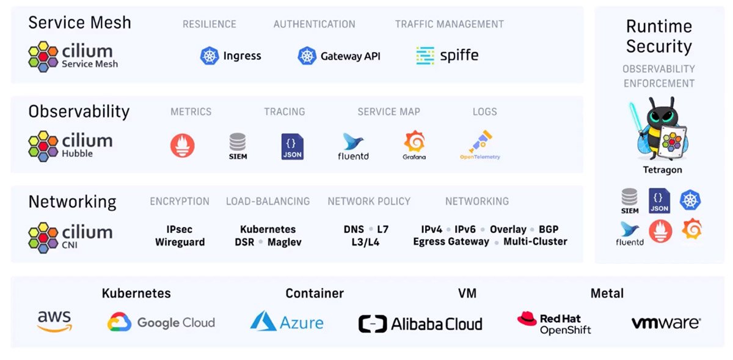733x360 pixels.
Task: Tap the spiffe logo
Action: pyautogui.click(x=447, y=56)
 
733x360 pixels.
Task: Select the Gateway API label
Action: pyautogui.click(x=350, y=56)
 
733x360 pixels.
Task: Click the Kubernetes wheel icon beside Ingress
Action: pyautogui.click(x=210, y=56)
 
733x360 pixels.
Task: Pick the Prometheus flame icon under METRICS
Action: pyautogui.click(x=182, y=145)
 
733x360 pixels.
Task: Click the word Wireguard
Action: pyautogui.click(x=180, y=242)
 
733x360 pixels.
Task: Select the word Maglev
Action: pyautogui.click(x=284, y=242)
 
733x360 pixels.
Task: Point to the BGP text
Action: pyautogui.click(x=549, y=229)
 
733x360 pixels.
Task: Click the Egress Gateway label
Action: pyautogui.click(x=451, y=242)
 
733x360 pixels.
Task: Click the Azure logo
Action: pyautogui.click(x=286, y=322)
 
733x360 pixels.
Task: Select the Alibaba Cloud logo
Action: pyautogui.click(x=420, y=323)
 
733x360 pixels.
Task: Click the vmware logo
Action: pyautogui.click(x=666, y=323)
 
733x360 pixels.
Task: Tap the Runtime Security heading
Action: pyautogui.click(x=658, y=36)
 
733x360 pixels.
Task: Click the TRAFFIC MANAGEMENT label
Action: pyautogui.click(x=449, y=24)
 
